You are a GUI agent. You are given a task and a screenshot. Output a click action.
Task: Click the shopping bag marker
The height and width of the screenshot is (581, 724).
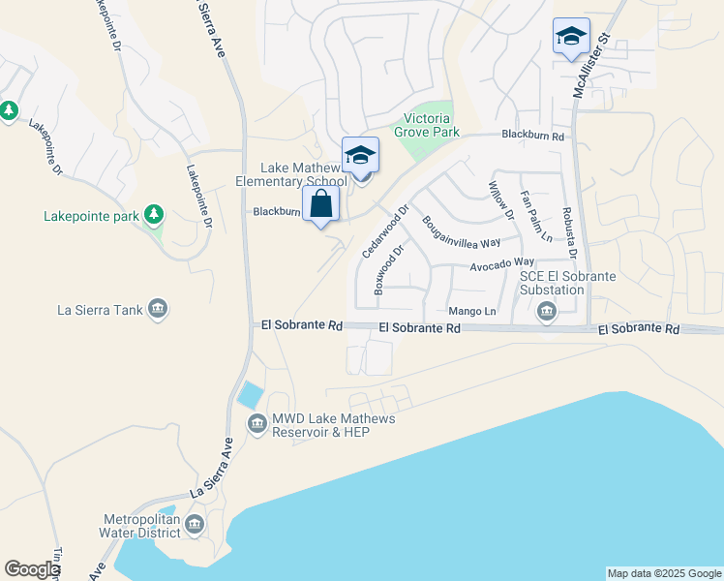[321, 204]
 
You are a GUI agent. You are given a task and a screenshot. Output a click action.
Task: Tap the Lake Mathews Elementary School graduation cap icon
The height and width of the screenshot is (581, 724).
[361, 155]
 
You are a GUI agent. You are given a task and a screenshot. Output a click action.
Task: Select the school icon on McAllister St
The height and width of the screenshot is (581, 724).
[571, 37]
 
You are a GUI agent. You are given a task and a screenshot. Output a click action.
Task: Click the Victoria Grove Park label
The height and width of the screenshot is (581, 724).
[427, 125]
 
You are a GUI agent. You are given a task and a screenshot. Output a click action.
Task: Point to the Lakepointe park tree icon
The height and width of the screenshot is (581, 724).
[153, 213]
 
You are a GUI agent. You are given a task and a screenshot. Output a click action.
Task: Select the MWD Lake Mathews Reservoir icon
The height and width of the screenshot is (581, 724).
[257, 424]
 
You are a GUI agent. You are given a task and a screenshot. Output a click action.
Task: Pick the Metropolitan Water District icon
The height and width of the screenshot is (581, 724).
[195, 525]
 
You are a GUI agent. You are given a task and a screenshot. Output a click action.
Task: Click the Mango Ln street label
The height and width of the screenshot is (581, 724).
[471, 312]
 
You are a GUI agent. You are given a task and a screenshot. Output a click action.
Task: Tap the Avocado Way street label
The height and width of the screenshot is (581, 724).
[502, 263]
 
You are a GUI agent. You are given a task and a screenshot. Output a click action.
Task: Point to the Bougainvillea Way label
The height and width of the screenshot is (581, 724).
[461, 231]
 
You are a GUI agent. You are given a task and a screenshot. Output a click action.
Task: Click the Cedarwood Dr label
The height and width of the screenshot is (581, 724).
[386, 229]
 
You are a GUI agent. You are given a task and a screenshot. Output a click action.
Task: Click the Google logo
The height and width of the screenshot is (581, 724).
[32, 568]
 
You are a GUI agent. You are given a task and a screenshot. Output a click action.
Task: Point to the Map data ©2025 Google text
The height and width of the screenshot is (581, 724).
[665, 573]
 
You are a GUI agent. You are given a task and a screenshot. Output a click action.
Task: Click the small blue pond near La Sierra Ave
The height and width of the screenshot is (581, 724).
[250, 394]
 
